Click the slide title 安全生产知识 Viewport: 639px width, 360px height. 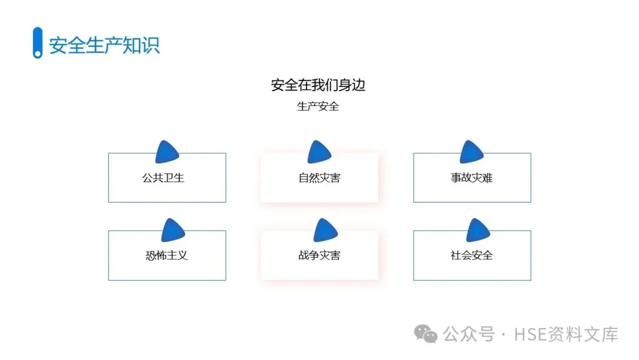104,46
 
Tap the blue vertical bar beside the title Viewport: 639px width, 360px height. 37,41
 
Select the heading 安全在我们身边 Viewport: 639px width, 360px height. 318,85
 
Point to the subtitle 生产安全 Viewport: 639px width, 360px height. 318,107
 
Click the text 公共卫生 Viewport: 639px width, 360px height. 163,178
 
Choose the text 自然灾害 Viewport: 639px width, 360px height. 319,178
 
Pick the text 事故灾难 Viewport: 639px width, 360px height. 472,178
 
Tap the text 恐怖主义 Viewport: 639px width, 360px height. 166,255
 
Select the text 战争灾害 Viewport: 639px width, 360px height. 319,255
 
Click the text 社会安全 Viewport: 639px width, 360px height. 472,255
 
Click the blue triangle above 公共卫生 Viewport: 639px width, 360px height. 167,153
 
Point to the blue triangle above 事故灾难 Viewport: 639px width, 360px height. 472,152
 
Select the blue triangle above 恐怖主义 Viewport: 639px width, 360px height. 173,230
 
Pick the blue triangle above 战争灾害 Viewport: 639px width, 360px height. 325,230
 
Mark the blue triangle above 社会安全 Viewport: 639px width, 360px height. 478,230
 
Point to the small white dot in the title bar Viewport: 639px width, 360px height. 38,54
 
